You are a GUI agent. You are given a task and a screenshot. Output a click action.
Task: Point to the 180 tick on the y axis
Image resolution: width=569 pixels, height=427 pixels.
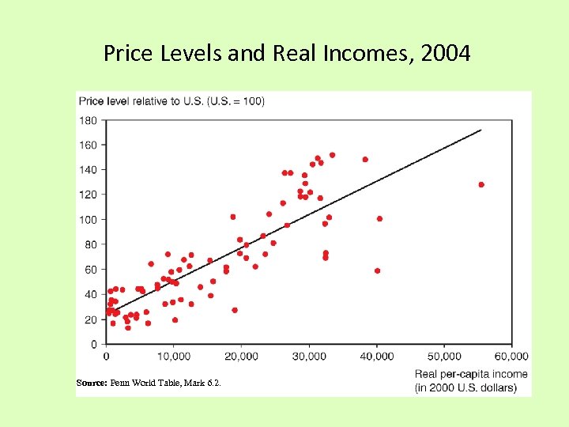(x=88, y=120)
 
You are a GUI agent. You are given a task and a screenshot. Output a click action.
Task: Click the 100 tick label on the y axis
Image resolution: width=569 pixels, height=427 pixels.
(x=88, y=219)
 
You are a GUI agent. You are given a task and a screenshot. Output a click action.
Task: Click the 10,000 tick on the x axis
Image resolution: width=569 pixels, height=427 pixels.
(x=173, y=357)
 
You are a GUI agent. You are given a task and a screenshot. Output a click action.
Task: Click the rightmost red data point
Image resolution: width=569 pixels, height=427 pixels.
(x=481, y=184)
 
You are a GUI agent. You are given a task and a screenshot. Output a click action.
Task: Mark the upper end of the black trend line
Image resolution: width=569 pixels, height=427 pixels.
(x=480, y=130)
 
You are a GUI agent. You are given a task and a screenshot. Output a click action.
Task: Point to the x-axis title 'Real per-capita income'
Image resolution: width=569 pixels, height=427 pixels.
(x=471, y=374)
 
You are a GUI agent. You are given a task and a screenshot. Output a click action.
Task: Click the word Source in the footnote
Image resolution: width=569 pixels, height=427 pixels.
(x=91, y=383)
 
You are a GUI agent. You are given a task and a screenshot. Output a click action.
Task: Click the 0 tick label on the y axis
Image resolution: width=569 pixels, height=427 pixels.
(x=94, y=345)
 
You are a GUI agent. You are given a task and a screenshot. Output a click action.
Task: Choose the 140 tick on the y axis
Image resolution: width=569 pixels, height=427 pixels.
(x=88, y=169)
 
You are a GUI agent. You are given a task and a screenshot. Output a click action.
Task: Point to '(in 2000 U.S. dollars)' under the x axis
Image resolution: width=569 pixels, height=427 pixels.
(x=466, y=387)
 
